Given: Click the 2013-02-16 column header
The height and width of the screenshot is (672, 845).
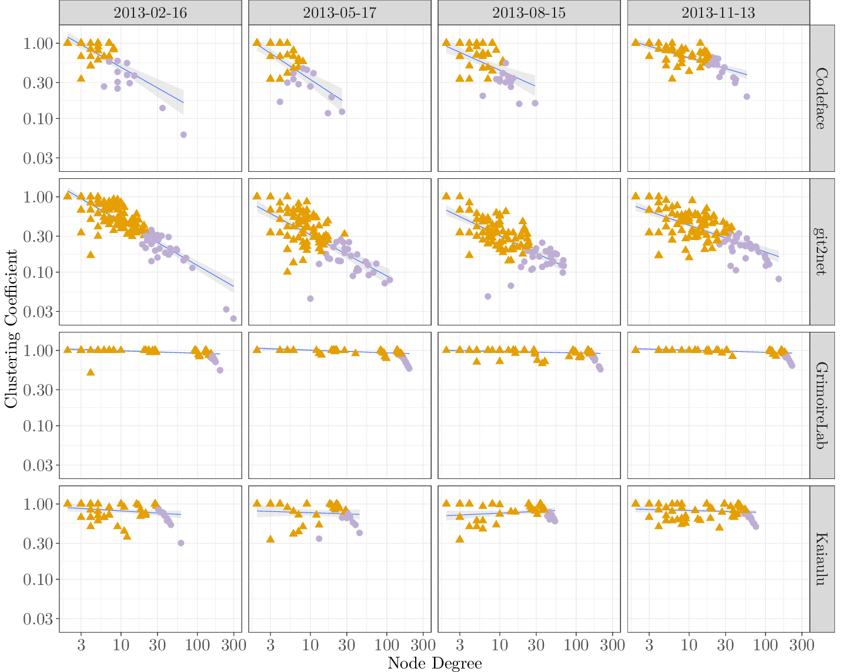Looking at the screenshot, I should click(150, 13).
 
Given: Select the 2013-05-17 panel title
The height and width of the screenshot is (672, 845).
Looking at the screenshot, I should click(339, 13).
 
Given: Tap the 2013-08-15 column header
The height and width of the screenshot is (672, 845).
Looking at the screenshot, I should click(529, 13).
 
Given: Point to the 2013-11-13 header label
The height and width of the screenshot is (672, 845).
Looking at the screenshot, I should click(718, 13).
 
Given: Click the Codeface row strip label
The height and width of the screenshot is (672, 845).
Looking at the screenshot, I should click(821, 98).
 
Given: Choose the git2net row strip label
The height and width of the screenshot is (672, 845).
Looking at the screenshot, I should click(821, 252).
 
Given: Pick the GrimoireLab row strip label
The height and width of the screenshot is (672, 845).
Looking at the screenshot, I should click(821, 405).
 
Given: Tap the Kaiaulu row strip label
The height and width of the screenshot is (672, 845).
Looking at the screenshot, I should click(821, 559).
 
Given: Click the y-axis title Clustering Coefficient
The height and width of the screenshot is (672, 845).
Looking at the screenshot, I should click(11, 328).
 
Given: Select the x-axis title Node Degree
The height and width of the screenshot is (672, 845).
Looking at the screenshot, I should click(435, 664).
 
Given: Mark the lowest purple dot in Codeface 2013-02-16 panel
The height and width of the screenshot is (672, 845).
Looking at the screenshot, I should click(183, 135).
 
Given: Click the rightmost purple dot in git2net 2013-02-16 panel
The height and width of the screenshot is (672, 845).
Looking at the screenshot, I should click(233, 318).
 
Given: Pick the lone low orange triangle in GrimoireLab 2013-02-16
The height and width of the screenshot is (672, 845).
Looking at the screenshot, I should click(91, 372).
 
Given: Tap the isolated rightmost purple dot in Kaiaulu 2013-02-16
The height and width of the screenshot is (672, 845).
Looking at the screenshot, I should click(181, 543).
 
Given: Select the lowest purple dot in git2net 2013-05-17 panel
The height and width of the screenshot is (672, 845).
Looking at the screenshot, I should click(310, 298).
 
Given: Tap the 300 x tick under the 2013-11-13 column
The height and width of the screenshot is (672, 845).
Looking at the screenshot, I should click(801, 644).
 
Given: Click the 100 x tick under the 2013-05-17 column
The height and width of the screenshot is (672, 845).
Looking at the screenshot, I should click(386, 644).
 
